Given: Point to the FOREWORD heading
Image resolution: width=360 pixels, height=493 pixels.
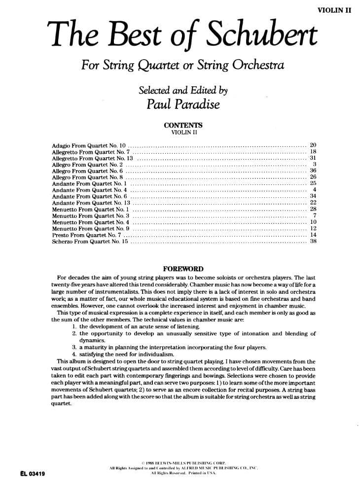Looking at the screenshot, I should [x=183, y=269].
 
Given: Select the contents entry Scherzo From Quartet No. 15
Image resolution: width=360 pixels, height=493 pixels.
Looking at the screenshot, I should [x=90, y=242].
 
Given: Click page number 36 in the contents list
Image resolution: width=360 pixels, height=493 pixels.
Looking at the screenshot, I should [x=313, y=171].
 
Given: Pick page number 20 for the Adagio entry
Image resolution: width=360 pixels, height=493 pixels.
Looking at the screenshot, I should [x=313, y=145].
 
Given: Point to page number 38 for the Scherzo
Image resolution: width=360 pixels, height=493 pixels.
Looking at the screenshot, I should [x=313, y=242].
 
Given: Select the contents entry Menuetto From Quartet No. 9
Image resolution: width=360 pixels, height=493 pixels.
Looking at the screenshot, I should [x=91, y=229].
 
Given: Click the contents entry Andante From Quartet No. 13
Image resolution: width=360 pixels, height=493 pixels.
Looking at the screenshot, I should [x=91, y=203].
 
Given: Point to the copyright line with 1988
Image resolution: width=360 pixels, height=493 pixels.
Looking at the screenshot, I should [x=182, y=463].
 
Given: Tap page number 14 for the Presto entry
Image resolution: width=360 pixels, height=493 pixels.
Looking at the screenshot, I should [x=313, y=235].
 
